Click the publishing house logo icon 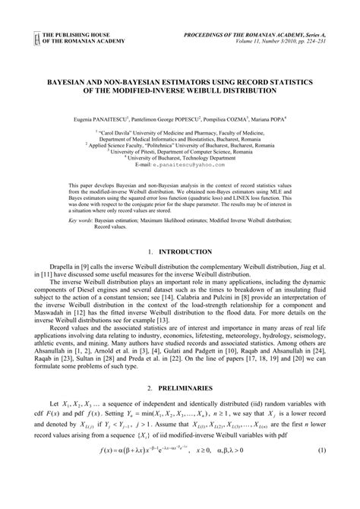coord(35,38)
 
